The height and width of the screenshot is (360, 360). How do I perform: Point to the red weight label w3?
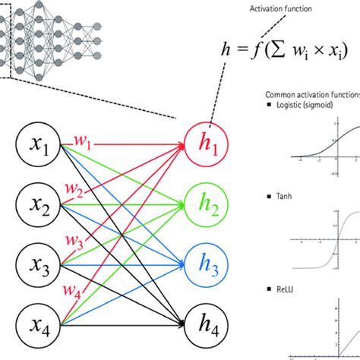[x=73, y=241]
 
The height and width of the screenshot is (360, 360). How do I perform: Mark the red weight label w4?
[x=72, y=291]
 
